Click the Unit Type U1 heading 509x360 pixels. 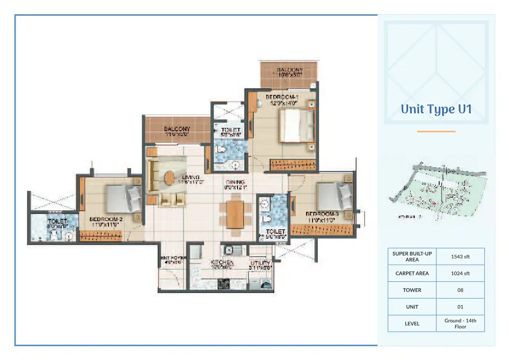coord(436,109)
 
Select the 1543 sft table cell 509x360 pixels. coord(460,256)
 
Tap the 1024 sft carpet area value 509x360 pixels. coord(460,273)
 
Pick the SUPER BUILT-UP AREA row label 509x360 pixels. coord(412,256)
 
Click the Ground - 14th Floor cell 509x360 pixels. coord(460,323)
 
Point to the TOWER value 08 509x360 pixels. coord(460,290)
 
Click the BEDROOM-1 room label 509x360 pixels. coord(282,97)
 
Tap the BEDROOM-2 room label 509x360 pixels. coord(106,220)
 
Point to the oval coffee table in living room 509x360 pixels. coord(170,178)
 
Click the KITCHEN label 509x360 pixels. coord(222,263)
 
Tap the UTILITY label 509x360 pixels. coord(260,263)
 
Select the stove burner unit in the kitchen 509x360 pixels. coord(223,284)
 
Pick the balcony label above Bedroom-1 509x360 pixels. coord(290,70)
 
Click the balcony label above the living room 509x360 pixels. coord(177,130)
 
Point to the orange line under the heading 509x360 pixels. coord(436,131)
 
